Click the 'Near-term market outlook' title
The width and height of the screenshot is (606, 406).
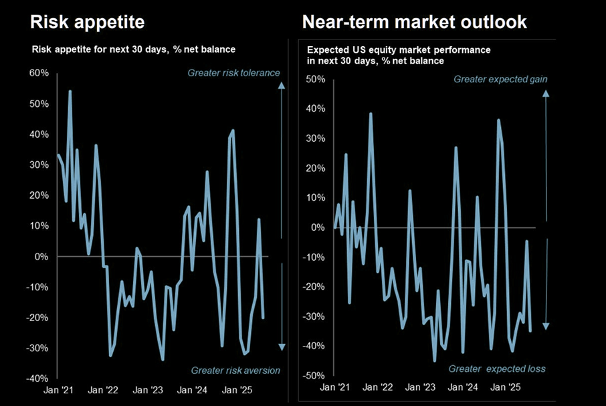pyautogui.click(x=414, y=21)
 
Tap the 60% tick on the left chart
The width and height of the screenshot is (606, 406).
pyautogui.click(x=37, y=74)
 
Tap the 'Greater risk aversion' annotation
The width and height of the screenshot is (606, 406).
pyautogui.click(x=235, y=370)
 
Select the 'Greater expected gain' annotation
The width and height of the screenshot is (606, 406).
pyautogui.click(x=501, y=79)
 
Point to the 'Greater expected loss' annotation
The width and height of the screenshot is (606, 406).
pyautogui.click(x=497, y=369)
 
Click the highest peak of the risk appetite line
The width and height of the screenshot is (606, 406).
pyautogui.click(x=70, y=91)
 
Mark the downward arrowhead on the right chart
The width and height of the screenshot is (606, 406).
pyautogui.click(x=546, y=326)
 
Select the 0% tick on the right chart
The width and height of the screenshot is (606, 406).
pyautogui.click(x=318, y=227)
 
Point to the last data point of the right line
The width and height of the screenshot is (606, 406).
pyautogui.click(x=530, y=331)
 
